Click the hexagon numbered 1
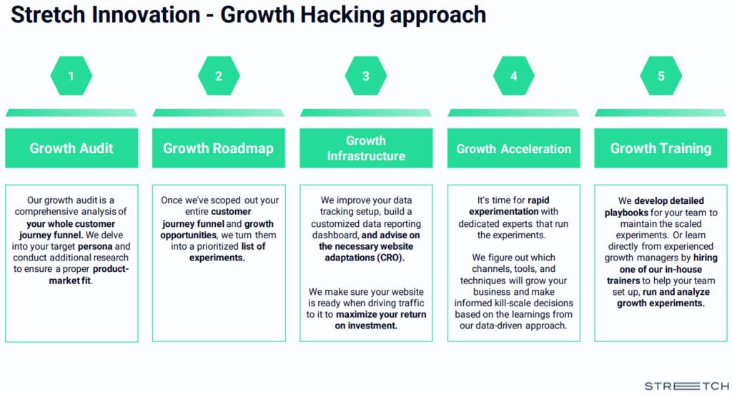coord(71,76)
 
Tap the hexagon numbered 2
coord(219,76)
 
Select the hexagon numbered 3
coord(366,76)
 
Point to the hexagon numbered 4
coord(513,76)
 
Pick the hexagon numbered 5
coord(661,76)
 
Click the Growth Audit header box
coord(71,148)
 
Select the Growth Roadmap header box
coord(219,148)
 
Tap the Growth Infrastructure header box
coord(366,148)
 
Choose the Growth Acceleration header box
coord(513,148)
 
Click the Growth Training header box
coord(661,148)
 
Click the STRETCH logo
coord(687,386)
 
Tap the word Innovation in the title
coord(146,14)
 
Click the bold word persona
coord(95,246)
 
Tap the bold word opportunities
coord(188,235)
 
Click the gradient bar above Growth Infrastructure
coord(366,112)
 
